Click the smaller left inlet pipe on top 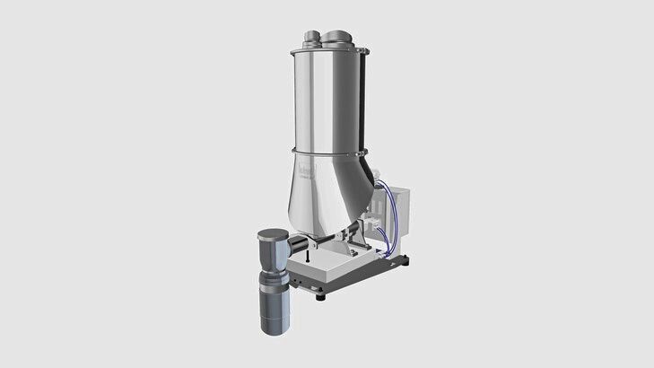pyautogui.click(x=310, y=39)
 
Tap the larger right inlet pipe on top pyautogui.click(x=337, y=38)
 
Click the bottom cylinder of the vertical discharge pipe pyautogui.click(x=272, y=310)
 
